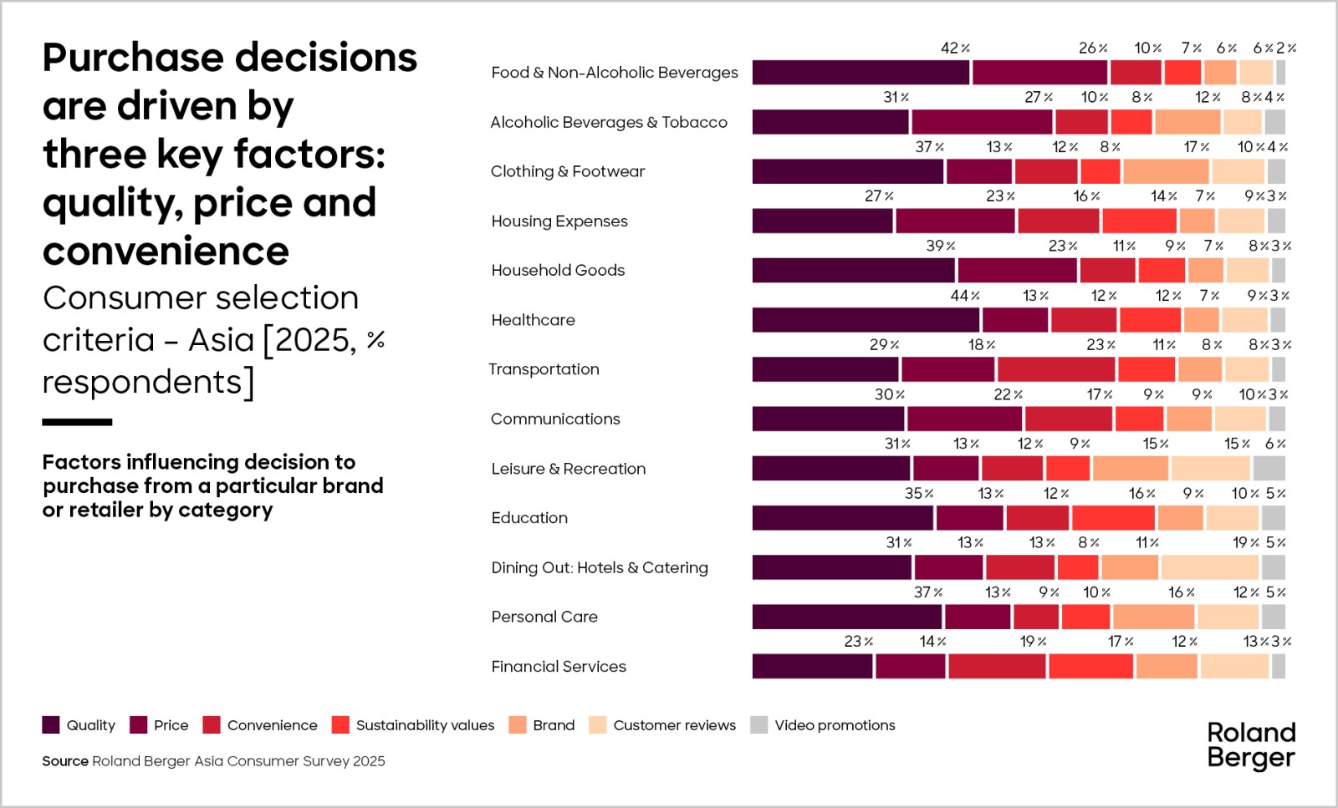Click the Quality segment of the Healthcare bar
point(866,320)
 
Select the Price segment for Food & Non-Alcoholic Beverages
point(1039,73)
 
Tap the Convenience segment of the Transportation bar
point(1055,369)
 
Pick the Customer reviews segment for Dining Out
point(1209,567)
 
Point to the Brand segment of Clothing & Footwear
point(1166,171)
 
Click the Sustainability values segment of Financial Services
point(1090,667)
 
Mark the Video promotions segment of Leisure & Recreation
point(1269,469)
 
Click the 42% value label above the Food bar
point(954,48)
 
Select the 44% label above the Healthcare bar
point(964,296)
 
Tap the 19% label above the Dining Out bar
point(1245,543)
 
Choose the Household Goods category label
point(558,271)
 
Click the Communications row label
point(555,419)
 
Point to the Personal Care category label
point(544,617)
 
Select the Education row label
point(529,518)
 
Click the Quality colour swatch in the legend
point(51,725)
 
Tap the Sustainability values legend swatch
point(340,725)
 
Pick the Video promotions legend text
point(835,725)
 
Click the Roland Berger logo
point(1251,745)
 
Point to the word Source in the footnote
point(65,761)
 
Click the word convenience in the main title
point(166,252)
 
